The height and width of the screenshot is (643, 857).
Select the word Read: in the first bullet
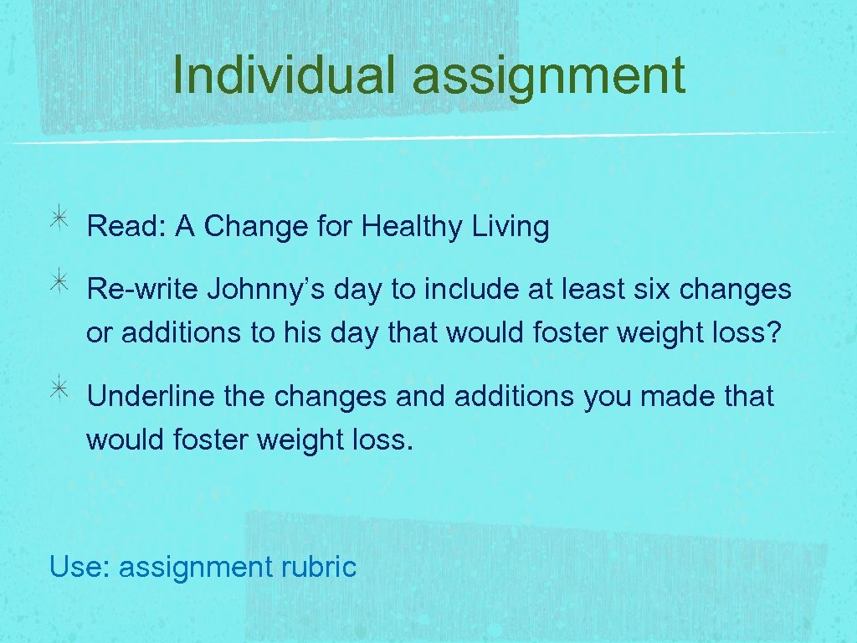tap(126, 227)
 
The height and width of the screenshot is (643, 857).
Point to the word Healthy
tap(413, 227)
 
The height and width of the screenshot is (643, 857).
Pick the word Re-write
tap(142, 290)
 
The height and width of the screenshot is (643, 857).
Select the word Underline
tap(151, 396)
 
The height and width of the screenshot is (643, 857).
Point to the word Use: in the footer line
tap(80, 567)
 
